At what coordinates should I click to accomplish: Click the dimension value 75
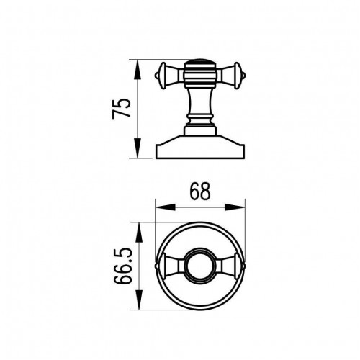[122, 108]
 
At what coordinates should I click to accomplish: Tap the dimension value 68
[200, 192]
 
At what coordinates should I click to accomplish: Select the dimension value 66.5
[123, 266]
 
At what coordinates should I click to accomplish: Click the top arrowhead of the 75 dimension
[137, 69]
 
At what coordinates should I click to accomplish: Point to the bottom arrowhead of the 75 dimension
[137, 148]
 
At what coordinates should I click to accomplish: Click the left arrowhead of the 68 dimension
[166, 207]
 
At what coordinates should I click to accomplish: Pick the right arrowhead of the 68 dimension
[235, 207]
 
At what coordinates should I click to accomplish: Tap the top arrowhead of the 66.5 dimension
[139, 233]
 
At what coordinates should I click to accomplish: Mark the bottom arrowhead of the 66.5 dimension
[139, 300]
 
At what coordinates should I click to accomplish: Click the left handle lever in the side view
[169, 76]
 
